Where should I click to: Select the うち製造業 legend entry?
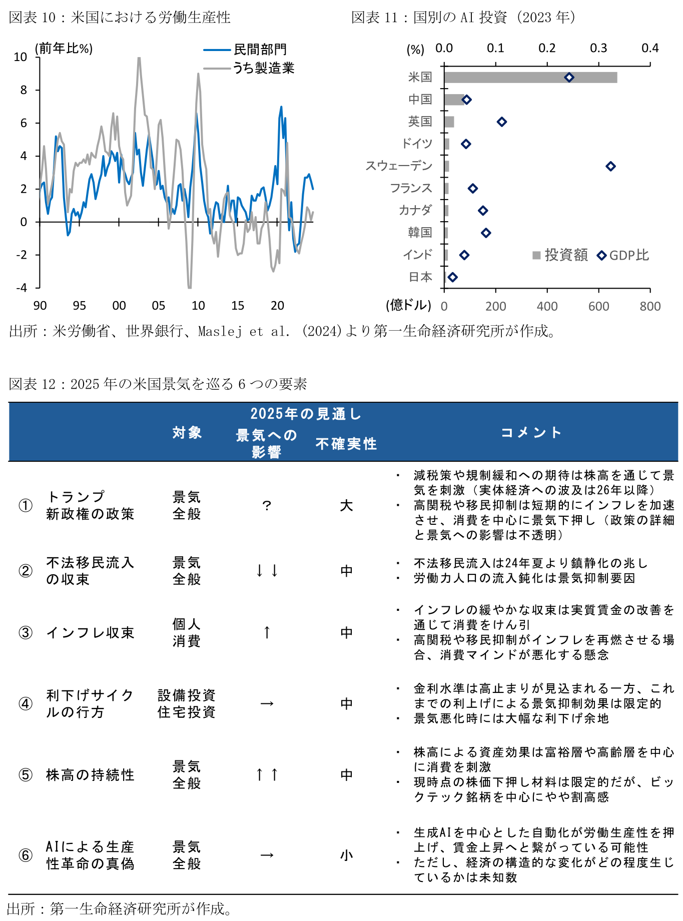click(x=264, y=68)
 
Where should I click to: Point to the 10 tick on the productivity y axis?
click(x=21, y=57)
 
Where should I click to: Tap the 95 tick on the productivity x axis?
click(x=79, y=306)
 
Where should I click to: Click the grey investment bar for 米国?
click(x=530, y=78)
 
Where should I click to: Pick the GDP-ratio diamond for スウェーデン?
click(x=610, y=166)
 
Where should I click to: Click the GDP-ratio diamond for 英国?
click(x=502, y=122)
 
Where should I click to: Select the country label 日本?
click(x=420, y=277)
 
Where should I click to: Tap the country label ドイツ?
click(x=417, y=144)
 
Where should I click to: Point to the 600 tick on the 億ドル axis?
click(x=598, y=306)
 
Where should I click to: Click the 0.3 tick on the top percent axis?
click(x=598, y=48)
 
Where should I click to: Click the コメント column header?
click(x=531, y=432)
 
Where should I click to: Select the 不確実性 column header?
click(x=346, y=444)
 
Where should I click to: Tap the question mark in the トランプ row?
click(x=267, y=506)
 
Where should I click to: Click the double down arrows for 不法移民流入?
click(x=267, y=571)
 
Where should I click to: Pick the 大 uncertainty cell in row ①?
click(x=346, y=506)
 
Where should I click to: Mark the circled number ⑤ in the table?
click(x=26, y=775)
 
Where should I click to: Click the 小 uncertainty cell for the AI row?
click(x=346, y=855)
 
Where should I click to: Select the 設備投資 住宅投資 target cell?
click(x=187, y=703)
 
